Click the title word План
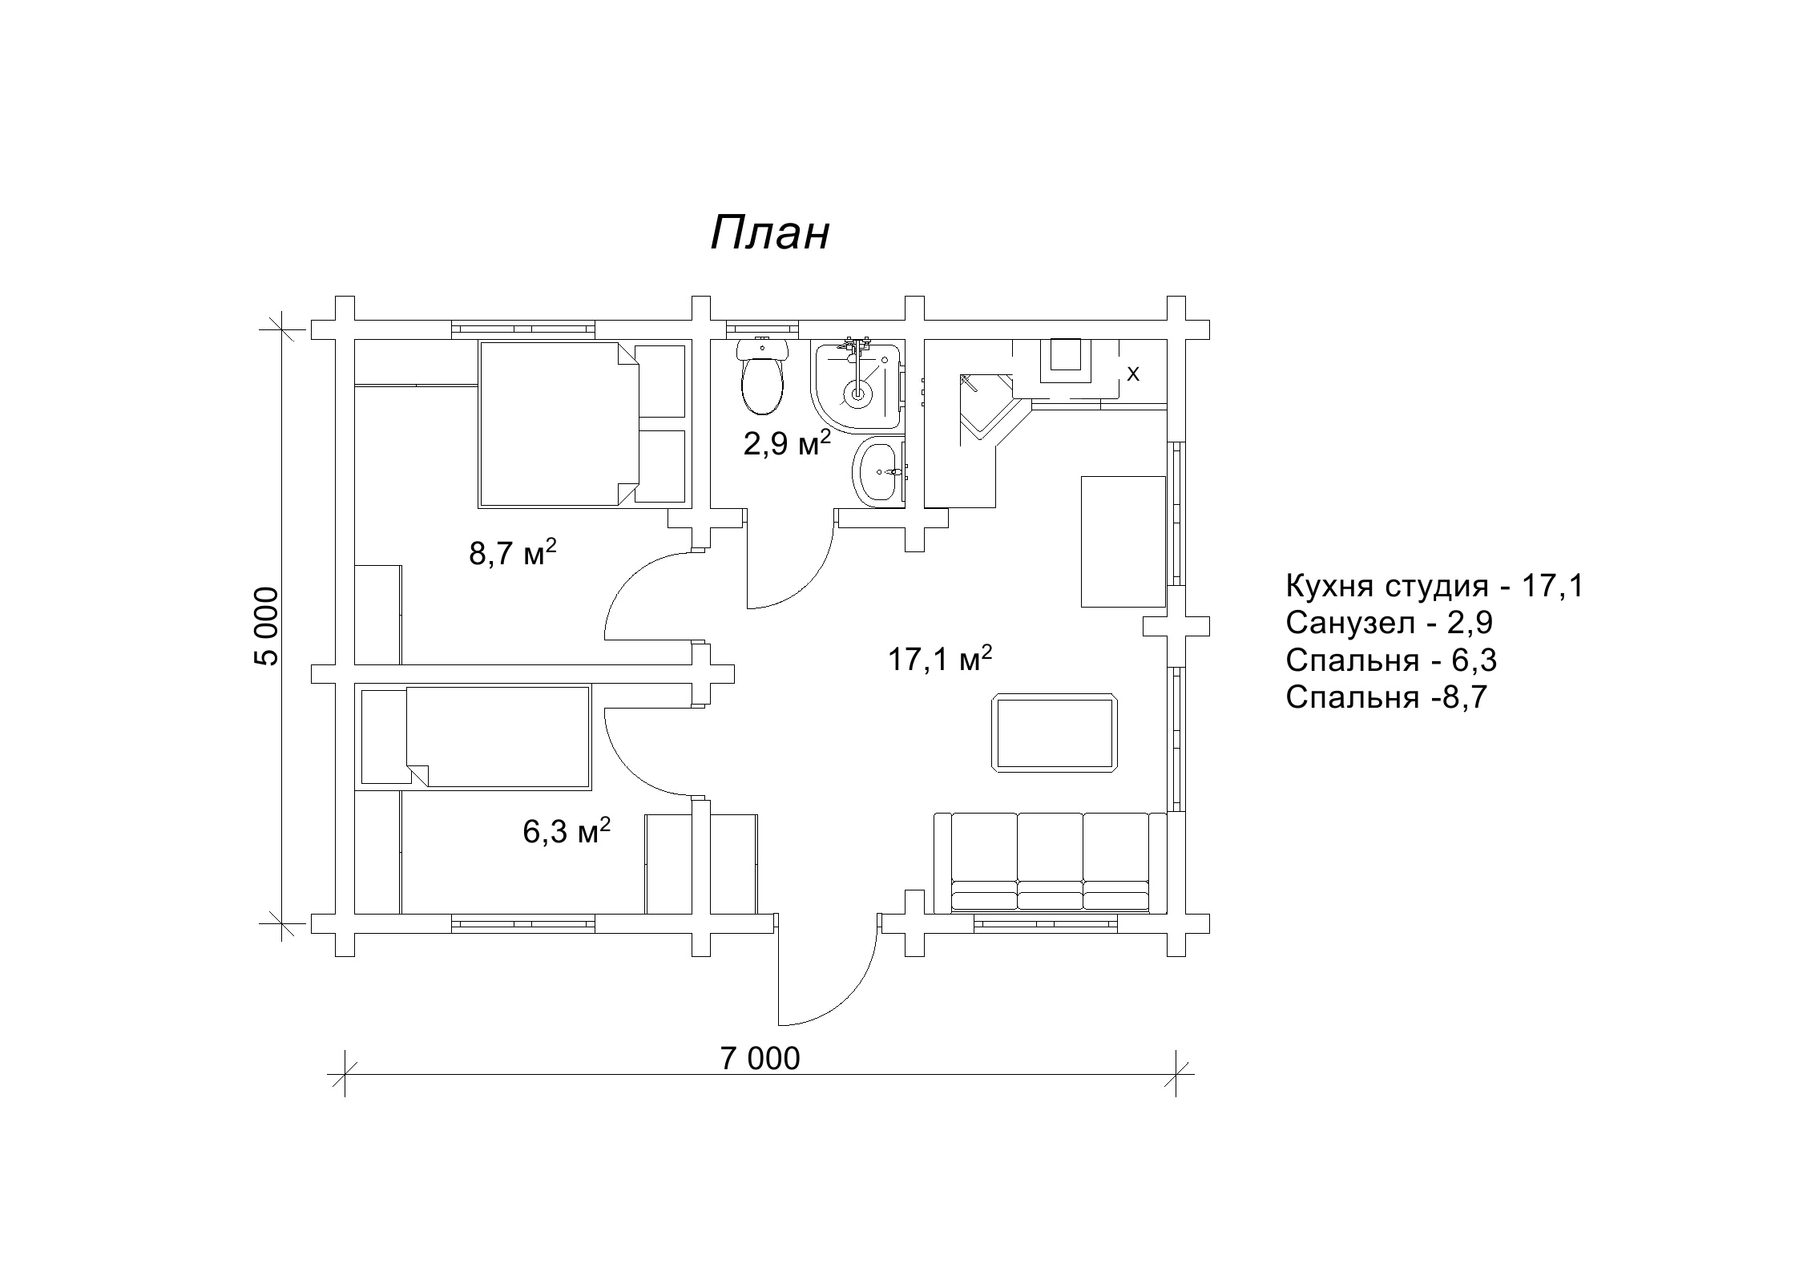(x=769, y=234)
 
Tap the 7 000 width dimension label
(x=760, y=1059)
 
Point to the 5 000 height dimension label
(x=266, y=626)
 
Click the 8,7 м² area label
(x=512, y=552)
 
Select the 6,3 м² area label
(x=567, y=831)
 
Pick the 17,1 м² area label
(x=941, y=659)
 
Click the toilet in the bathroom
(x=762, y=376)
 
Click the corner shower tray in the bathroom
(x=857, y=386)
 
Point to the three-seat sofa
(x=1051, y=862)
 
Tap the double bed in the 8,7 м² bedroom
(x=582, y=424)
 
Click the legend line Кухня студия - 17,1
(x=1434, y=586)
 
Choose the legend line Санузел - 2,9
(x=1389, y=623)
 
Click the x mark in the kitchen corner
(x=1133, y=374)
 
